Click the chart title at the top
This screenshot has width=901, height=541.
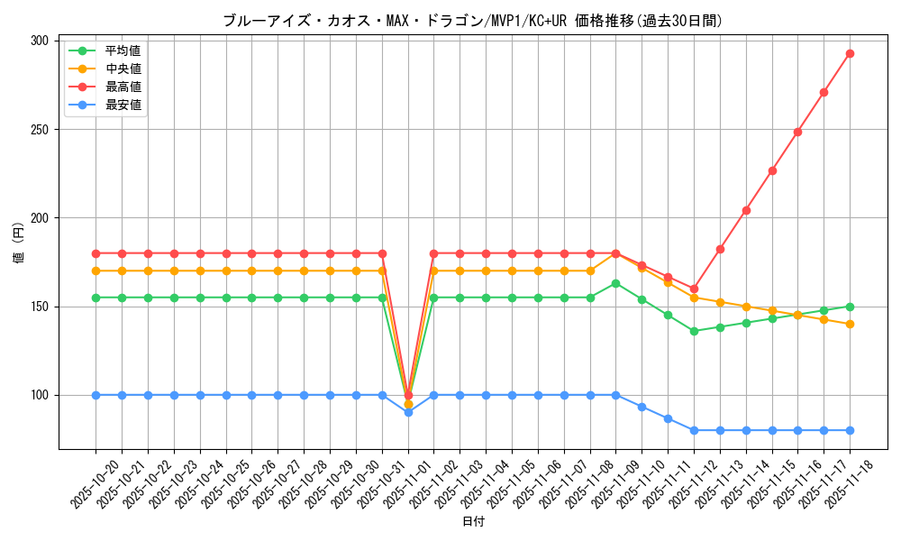pyautogui.click(x=472, y=21)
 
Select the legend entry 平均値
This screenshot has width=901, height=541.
pyautogui.click(x=123, y=50)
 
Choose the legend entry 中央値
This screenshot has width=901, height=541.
pyautogui.click(x=123, y=69)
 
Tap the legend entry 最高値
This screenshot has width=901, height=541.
pyautogui.click(x=123, y=87)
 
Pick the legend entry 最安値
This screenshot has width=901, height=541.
pyautogui.click(x=123, y=105)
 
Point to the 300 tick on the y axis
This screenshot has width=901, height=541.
pyautogui.click(x=40, y=41)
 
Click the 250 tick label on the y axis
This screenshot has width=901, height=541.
pyautogui.click(x=40, y=129)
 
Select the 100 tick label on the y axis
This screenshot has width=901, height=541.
pyautogui.click(x=40, y=395)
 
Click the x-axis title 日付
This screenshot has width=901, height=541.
pyautogui.click(x=473, y=522)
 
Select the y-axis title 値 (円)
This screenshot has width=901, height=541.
pyautogui.click(x=19, y=244)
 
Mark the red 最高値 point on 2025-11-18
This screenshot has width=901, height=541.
pyautogui.click(x=850, y=54)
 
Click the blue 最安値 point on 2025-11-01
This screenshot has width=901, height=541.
pyautogui.click(x=408, y=412)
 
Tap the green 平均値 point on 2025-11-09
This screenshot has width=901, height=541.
pyautogui.click(x=615, y=283)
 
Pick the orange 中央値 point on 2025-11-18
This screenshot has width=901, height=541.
pyautogui.click(x=850, y=324)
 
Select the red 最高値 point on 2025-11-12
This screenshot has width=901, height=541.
pyautogui.click(x=694, y=289)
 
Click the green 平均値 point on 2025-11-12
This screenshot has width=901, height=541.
pyautogui.click(x=694, y=331)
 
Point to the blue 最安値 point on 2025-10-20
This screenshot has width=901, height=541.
pyautogui.click(x=96, y=395)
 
